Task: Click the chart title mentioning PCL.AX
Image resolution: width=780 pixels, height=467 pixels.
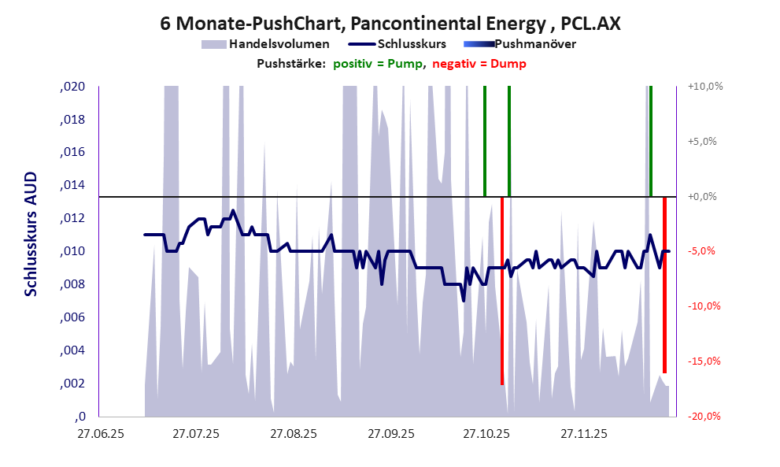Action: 390,23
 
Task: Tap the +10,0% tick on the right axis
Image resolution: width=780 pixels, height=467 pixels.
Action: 705,87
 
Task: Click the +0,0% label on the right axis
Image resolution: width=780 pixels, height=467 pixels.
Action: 705,196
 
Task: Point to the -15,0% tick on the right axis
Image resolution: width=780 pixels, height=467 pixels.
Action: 705,361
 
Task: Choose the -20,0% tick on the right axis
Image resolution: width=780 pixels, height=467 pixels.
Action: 705,417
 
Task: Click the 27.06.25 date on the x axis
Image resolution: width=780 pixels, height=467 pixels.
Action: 100,434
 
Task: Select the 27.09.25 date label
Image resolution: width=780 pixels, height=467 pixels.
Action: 390,434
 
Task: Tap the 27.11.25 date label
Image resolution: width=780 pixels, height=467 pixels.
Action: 584,434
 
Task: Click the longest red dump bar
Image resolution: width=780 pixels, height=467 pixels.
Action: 502,291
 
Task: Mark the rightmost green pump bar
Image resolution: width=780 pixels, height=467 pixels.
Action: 651,142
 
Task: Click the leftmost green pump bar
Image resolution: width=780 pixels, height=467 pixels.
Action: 485,142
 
